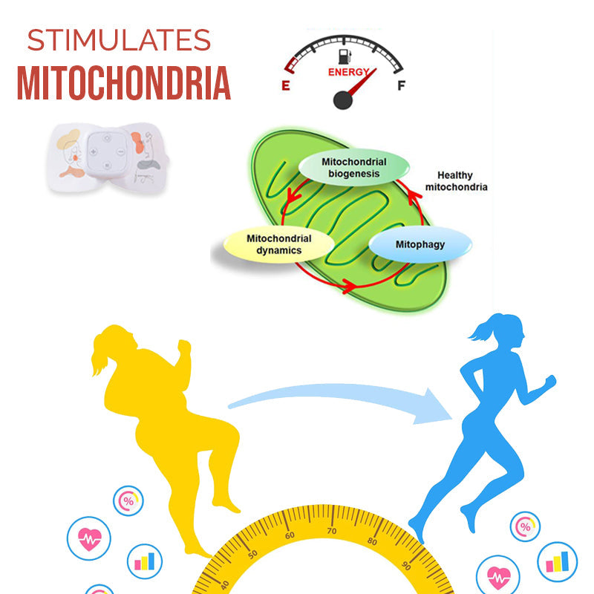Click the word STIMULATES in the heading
(x=119, y=40)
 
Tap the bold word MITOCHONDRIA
(x=124, y=83)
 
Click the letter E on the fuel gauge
(x=286, y=85)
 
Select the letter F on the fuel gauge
(x=402, y=85)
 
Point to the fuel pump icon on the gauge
(x=345, y=56)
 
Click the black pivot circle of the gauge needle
(x=343, y=100)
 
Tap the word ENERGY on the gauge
(x=348, y=72)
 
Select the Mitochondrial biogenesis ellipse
(x=354, y=168)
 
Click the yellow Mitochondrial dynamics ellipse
(x=279, y=244)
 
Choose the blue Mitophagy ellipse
(x=420, y=244)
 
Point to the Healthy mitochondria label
(x=456, y=181)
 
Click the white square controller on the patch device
(x=107, y=152)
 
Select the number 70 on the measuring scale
(x=332, y=531)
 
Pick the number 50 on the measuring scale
(x=252, y=554)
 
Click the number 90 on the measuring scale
(x=406, y=566)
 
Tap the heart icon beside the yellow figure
(x=89, y=538)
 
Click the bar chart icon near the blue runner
(x=558, y=562)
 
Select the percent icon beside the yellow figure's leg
(x=128, y=500)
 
